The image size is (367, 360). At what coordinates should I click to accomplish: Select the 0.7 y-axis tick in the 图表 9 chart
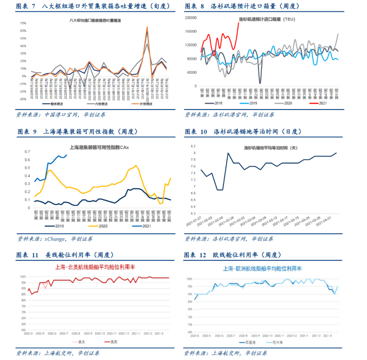(x=28, y=152)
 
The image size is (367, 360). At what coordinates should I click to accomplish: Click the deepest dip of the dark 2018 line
(x=260, y=83)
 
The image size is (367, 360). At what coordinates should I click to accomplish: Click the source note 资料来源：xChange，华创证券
(x=55, y=239)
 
